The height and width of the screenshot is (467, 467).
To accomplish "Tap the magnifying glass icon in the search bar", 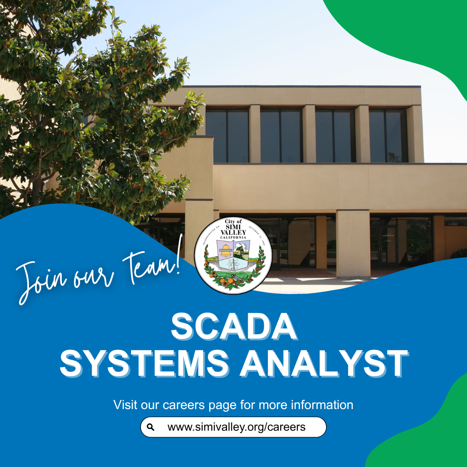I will click(150, 427).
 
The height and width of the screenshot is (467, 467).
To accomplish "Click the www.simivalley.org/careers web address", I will click(236, 427).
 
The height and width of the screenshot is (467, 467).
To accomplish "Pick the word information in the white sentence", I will click(322, 405).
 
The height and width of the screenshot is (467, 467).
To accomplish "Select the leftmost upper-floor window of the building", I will click(227, 135).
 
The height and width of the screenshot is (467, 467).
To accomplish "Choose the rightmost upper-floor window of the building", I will click(388, 135).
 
